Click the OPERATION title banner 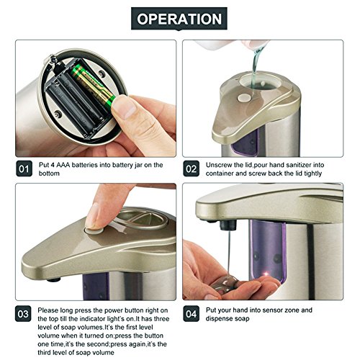[179, 19]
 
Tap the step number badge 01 [24, 168]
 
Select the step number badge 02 [191, 168]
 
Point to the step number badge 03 [23, 314]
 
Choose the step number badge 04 [191, 314]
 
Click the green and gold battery [94, 86]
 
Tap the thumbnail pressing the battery [125, 107]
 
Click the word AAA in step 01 [63, 165]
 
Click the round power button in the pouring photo [243, 97]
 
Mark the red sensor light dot [266, 274]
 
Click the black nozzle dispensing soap [228, 225]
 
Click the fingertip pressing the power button [93, 216]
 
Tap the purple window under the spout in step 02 [246, 142]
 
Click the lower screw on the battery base [58, 114]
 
